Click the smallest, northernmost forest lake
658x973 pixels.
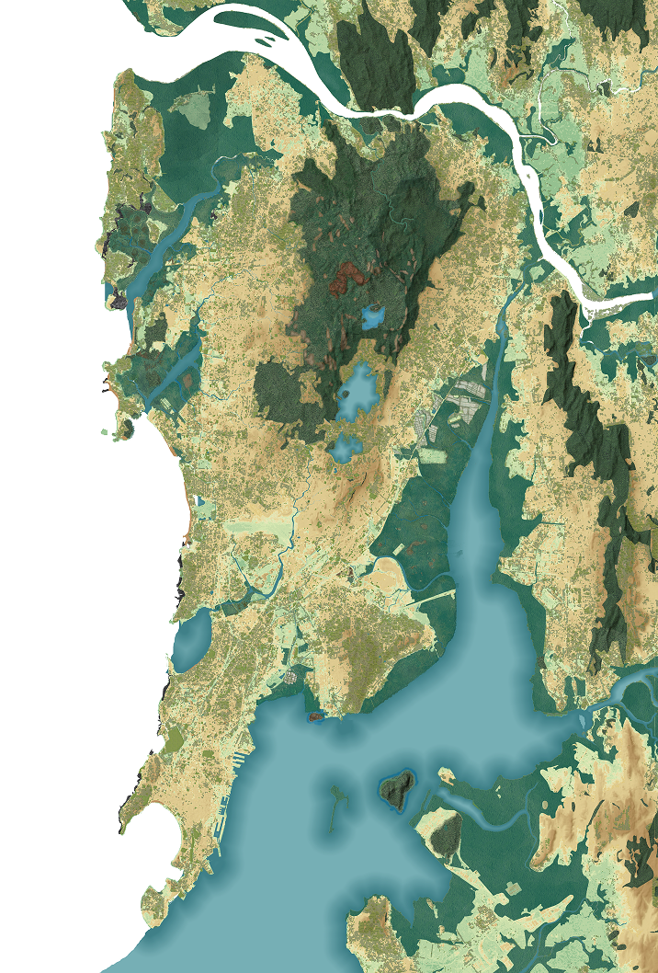(x=374, y=317)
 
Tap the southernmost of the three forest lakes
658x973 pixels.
(x=346, y=449)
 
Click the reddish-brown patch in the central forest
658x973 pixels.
(x=346, y=273)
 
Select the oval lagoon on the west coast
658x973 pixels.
(x=190, y=642)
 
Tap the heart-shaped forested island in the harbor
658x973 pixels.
(x=397, y=790)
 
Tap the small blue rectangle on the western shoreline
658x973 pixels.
(x=199, y=503)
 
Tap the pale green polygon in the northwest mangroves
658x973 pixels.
(x=192, y=109)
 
